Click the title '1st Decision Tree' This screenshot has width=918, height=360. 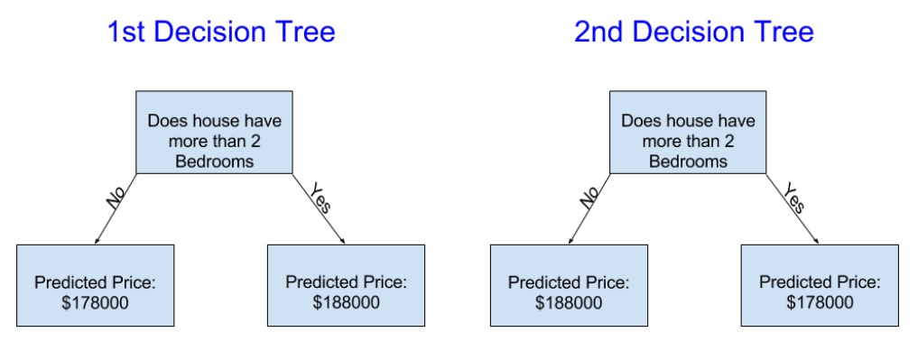click(221, 32)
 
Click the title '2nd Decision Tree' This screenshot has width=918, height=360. click(694, 32)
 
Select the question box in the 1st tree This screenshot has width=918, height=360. click(214, 133)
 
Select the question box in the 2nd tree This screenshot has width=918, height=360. click(688, 133)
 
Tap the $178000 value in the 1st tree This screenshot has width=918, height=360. click(95, 302)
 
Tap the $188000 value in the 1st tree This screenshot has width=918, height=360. click(346, 302)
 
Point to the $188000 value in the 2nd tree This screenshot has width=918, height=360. click(569, 302)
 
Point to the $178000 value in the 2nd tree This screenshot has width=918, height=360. click(820, 302)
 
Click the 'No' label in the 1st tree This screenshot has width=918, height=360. click(116, 198)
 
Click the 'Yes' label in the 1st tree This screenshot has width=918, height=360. click(320, 198)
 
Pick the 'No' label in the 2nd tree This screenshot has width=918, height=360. click(590, 198)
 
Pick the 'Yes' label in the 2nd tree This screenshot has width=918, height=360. click(794, 198)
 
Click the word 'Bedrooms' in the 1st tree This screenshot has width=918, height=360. click(215, 161)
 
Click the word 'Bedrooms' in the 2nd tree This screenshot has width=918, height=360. click(689, 161)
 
